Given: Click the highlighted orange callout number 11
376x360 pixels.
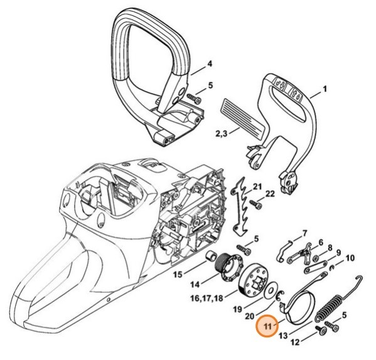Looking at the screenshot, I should coord(268,326).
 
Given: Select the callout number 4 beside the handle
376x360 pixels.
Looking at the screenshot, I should coord(210,63).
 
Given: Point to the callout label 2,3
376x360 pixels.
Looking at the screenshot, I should coord(221,134).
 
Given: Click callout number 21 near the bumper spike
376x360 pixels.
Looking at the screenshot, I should coord(257,186).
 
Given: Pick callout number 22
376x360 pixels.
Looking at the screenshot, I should coord(271,195).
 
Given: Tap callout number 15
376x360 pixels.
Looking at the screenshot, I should coord(178,274).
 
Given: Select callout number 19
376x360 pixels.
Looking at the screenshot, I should coord(236,308).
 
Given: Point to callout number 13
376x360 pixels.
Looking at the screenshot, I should coord(283,335).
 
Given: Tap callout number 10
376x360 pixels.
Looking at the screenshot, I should coord(350,257).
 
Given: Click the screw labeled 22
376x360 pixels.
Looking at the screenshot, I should coord(255,204).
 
